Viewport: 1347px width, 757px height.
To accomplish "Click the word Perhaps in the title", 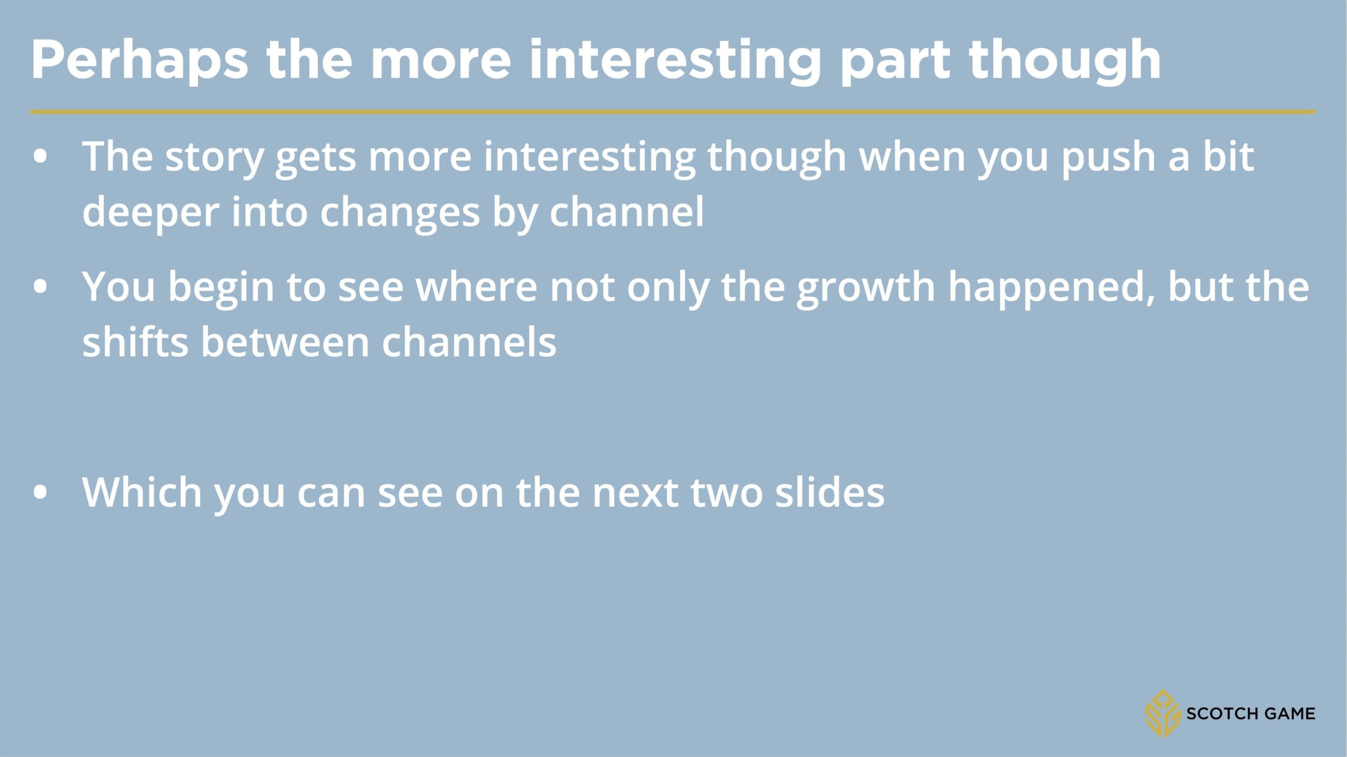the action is pos(139,60).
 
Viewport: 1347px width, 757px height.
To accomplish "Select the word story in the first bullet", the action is pos(214,158).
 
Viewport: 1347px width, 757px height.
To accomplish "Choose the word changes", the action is pos(399,212).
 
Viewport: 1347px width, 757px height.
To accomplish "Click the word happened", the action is pos(1051,289).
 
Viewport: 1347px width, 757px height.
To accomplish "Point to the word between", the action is pos(285,342).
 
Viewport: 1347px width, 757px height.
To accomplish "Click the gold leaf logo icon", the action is pos(1162,713).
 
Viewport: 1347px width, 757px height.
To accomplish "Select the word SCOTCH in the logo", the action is pos(1221,714).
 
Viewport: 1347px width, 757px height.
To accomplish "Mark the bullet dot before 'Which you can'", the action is pos(40,492).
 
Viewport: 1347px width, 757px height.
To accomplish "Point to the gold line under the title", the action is pos(673,112).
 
